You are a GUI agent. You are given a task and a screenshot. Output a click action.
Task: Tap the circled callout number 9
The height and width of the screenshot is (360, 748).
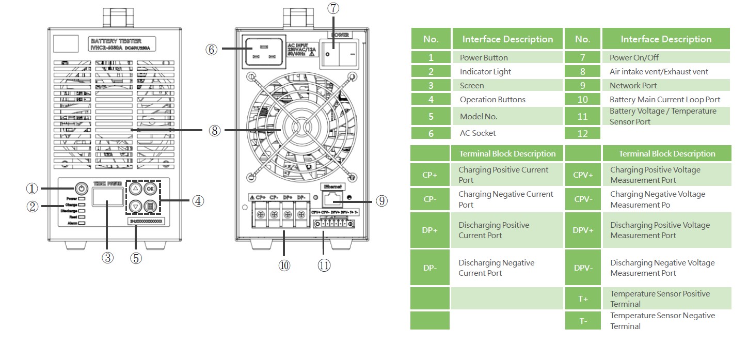tap(381, 201)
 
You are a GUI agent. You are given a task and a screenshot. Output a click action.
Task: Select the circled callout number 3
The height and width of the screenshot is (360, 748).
tap(107, 257)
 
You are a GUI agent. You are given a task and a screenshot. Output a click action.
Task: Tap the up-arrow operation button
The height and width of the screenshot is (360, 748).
tap(135, 188)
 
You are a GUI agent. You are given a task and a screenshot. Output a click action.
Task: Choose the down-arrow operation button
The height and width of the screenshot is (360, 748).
tap(135, 206)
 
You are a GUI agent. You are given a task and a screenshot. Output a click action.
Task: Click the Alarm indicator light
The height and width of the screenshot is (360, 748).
tap(82, 223)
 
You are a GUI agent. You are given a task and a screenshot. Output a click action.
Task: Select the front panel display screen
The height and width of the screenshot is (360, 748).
tap(107, 197)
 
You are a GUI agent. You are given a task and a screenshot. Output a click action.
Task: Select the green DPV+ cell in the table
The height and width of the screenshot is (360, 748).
tap(583, 230)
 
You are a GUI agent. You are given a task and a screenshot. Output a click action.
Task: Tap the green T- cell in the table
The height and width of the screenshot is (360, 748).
tap(583, 321)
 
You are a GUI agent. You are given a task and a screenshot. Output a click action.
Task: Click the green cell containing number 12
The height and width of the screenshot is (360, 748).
tap(582, 133)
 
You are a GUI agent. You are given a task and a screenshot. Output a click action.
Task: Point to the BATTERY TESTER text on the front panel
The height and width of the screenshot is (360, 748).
tap(116, 41)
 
